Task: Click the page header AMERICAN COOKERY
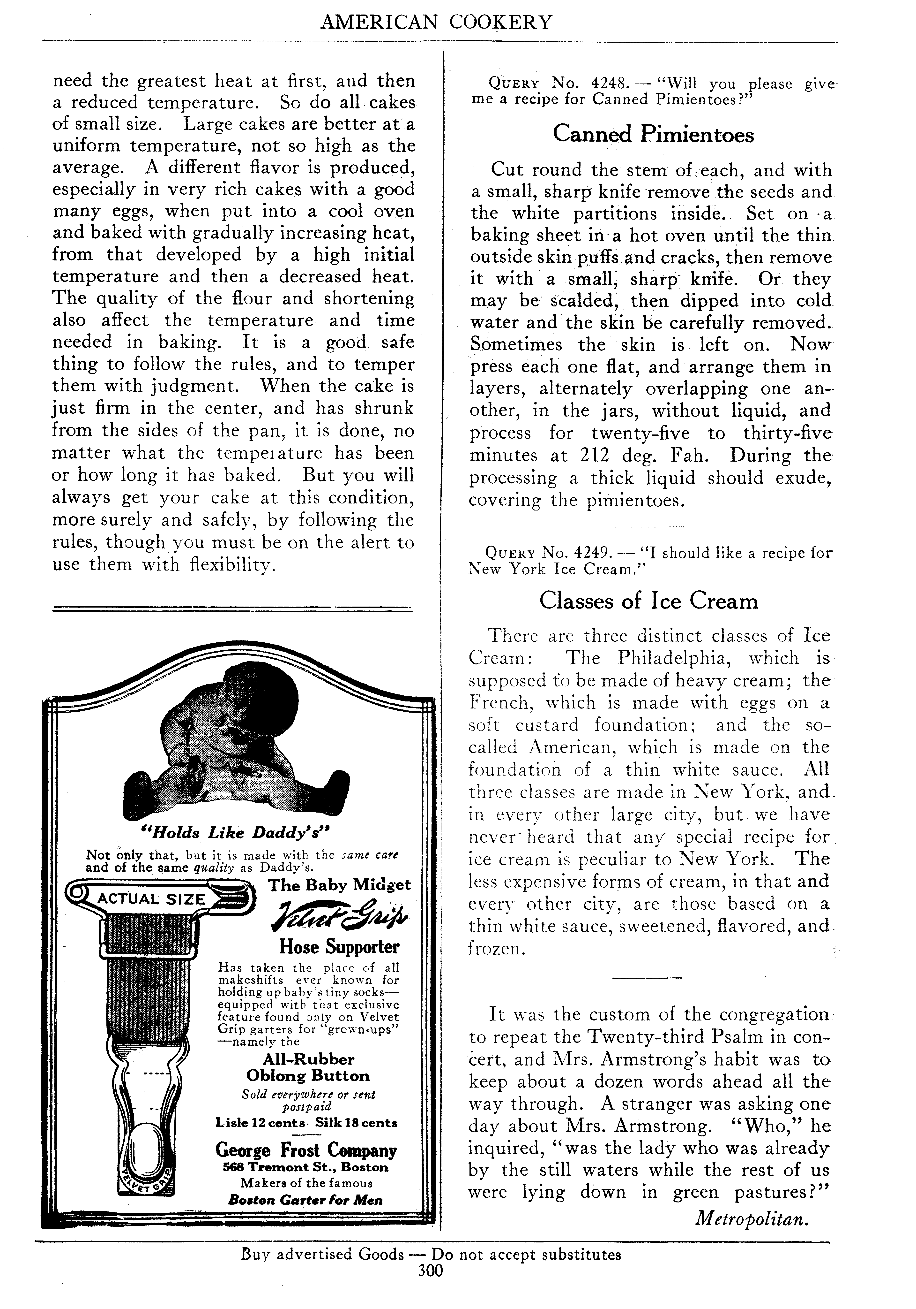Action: pyautogui.click(x=436, y=23)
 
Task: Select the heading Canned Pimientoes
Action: pyautogui.click(x=653, y=135)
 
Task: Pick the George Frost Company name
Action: pyautogui.click(x=306, y=1150)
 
